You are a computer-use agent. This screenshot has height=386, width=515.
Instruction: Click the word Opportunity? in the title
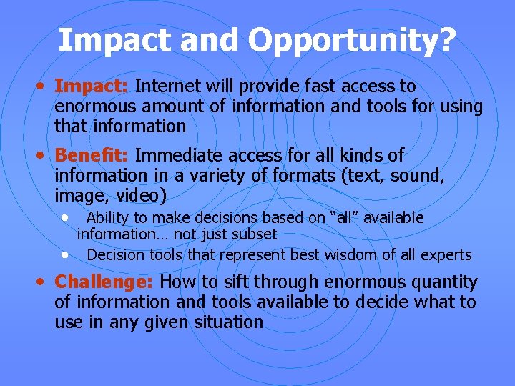(x=371, y=40)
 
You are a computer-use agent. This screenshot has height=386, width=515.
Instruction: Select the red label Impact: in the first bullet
(x=92, y=86)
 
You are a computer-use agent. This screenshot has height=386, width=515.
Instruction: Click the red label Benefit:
(x=92, y=155)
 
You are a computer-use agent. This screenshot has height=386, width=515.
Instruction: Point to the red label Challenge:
(x=105, y=282)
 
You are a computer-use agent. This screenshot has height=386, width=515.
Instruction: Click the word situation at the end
(x=228, y=322)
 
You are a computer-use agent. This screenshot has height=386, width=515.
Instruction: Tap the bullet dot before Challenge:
(x=44, y=281)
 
